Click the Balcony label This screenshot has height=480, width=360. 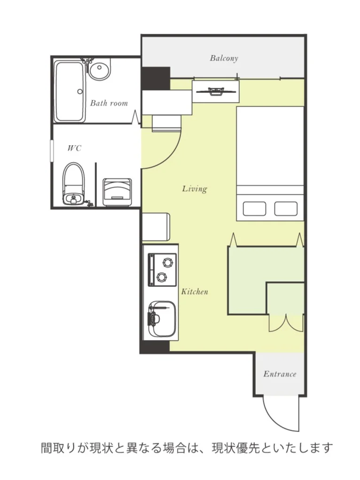[224, 58]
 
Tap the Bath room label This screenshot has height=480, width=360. [109, 103]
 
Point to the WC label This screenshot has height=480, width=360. [74, 148]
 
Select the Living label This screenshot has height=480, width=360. [195, 189]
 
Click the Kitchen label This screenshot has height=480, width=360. [195, 291]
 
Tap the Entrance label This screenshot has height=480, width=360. [280, 374]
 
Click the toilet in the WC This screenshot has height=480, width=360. [73, 184]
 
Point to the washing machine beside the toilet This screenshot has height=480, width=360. [117, 192]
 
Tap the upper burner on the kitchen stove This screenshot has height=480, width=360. [167, 263]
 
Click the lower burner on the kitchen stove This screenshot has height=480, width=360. [161, 278]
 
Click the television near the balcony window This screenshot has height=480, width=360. [216, 91]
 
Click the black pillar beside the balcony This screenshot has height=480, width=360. [156, 78]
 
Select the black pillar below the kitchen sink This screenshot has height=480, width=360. [155, 347]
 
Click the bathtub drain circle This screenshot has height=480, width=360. [80, 91]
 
